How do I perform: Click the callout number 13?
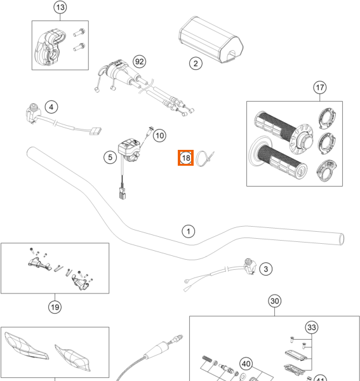point(60,7)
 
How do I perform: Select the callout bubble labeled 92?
point(140,62)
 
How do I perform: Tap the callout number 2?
point(196,63)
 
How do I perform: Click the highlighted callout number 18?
point(186,158)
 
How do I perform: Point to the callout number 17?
point(320,88)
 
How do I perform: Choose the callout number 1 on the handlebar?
point(189,231)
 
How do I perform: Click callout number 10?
point(159,136)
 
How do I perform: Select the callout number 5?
point(110,157)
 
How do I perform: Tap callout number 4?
point(51,107)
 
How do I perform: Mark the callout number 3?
point(266,269)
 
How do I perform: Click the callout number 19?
point(55,307)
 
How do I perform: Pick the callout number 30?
point(275,301)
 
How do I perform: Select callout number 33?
point(312,327)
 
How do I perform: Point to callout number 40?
point(246,364)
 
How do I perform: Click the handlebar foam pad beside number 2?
point(211,39)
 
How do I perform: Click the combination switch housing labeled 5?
point(130,149)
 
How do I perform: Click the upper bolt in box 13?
point(79,32)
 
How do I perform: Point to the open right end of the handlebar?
point(342,239)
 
